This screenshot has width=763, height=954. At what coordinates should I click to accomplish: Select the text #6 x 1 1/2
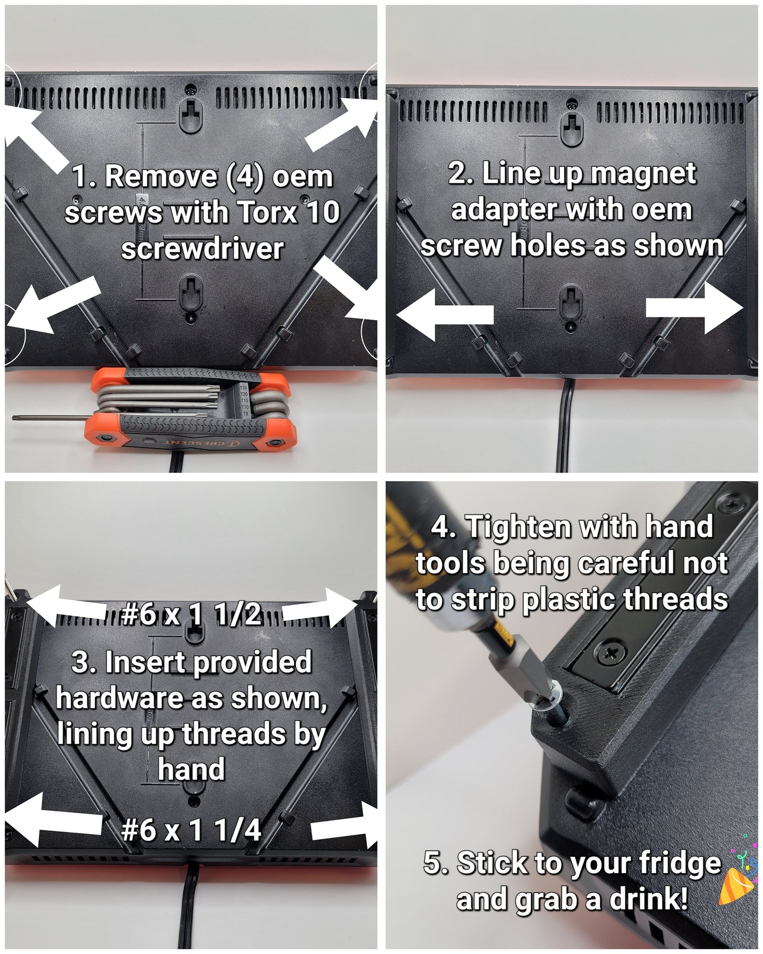point(191,615)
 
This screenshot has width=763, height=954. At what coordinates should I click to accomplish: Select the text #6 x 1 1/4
point(191,830)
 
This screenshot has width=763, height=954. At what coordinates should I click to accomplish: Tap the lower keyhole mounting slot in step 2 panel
point(571,301)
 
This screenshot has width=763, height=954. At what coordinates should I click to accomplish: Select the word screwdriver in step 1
point(202,248)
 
